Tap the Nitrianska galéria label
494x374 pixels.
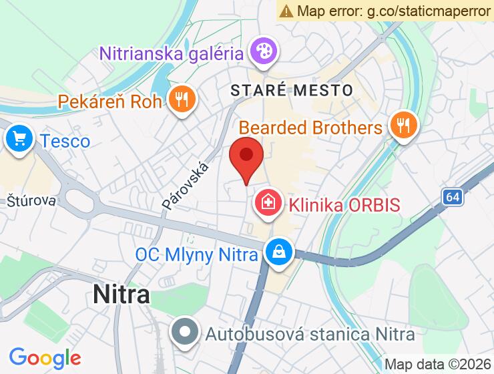coord(170,51)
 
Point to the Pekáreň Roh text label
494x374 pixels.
coord(110,102)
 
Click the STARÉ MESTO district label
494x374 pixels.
coord(292,89)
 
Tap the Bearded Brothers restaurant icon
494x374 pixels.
coord(403,126)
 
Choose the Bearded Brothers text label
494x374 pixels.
coord(310,127)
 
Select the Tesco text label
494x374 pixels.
coord(65,141)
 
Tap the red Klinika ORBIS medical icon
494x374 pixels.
coord(268,203)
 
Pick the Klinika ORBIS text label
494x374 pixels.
coord(344,204)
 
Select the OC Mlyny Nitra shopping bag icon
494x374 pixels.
coord(277,254)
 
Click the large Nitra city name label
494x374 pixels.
coord(121,294)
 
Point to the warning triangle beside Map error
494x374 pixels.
coord(287,11)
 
